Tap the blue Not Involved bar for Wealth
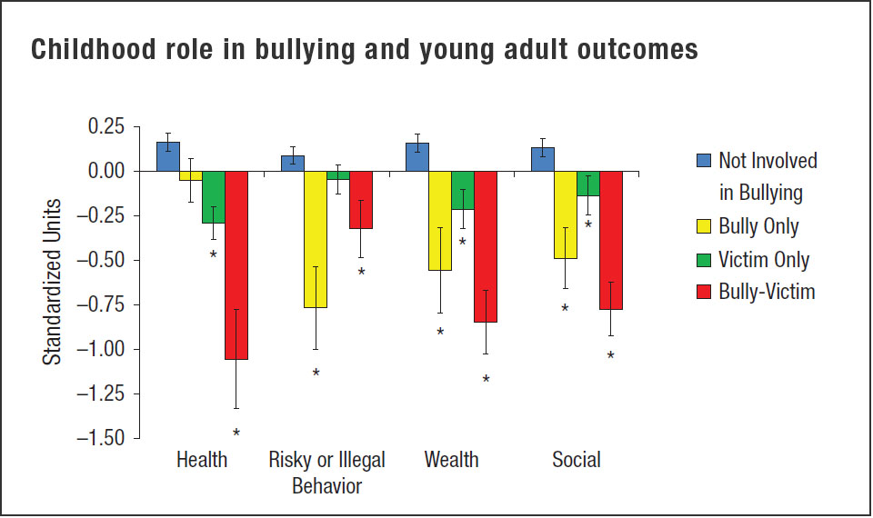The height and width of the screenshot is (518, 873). pos(417,156)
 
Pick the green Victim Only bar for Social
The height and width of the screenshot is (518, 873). pos(587,184)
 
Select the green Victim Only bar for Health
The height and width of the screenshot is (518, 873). pos(214,196)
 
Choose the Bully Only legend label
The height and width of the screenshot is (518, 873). pos(758,226)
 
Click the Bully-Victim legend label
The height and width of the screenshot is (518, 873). pos(767,292)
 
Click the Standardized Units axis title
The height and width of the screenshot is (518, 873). pos(54,282)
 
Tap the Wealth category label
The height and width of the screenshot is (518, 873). pos(451,460)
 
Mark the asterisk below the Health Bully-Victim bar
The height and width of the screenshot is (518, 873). pos(236,433)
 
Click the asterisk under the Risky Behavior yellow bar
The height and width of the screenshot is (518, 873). pos(316,374)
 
